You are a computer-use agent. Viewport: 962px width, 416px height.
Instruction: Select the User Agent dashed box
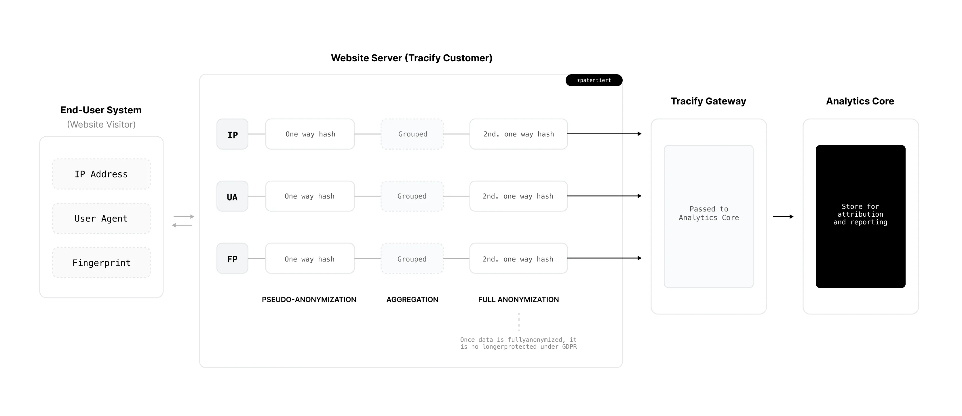[101, 219]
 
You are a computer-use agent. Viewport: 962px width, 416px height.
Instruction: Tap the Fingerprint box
[101, 263]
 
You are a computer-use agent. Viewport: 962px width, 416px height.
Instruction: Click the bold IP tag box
[232, 134]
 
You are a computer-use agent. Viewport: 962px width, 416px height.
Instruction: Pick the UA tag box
[232, 196]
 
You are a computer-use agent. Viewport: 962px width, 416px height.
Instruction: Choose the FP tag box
[232, 259]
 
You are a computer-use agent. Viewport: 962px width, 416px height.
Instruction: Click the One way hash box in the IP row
[310, 134]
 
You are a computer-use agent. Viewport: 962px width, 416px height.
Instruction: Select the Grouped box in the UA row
[412, 196]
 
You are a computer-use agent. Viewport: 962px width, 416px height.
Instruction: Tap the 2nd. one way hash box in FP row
[518, 259]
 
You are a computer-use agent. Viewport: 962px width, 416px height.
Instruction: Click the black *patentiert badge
[594, 80]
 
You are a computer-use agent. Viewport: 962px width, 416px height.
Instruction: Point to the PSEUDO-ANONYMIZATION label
[309, 299]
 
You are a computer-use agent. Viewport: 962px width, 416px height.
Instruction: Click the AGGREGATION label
[412, 299]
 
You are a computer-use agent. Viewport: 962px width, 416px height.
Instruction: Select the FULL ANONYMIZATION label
[518, 299]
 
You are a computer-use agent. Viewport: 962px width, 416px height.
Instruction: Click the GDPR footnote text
[518, 343]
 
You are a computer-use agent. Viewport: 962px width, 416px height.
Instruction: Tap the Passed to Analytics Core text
[708, 213]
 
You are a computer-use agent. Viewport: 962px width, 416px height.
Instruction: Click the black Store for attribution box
[860, 216]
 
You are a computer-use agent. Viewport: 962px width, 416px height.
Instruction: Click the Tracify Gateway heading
[708, 101]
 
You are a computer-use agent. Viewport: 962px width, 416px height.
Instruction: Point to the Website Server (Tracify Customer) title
[412, 58]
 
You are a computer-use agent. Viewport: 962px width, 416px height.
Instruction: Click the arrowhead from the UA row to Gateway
[639, 196]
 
